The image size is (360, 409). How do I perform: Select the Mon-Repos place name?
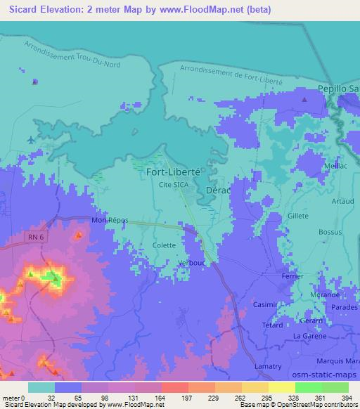[110, 220]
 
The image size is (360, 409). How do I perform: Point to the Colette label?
[164, 245]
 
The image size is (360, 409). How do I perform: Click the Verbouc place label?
[191, 262]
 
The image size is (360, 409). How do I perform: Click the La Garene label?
[307, 336]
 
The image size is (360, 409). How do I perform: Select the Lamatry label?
[267, 365]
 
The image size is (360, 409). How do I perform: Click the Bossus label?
[329, 231]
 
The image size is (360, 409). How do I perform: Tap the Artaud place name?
[342, 201]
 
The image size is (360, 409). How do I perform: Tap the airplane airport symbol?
[30, 138]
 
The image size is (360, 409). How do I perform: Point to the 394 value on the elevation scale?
[346, 398]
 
